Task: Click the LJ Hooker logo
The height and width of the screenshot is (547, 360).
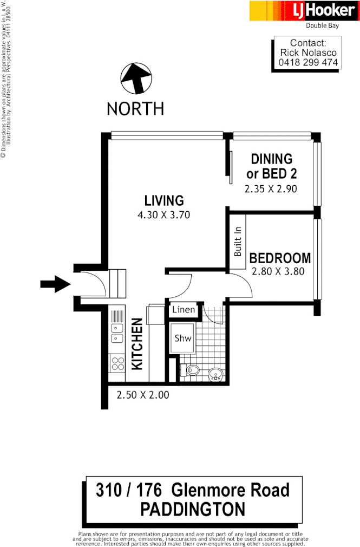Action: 304,11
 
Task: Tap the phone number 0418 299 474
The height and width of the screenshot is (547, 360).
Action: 307,63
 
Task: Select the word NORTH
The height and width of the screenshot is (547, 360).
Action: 135,108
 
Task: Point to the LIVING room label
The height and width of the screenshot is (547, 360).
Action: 163,200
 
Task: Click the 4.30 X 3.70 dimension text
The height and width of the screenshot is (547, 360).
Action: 163,214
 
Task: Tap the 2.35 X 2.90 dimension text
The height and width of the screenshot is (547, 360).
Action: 271,189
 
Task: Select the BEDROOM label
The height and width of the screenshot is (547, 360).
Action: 280,258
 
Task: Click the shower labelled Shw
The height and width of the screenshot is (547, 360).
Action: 182,338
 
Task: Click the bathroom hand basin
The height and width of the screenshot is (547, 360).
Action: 216,373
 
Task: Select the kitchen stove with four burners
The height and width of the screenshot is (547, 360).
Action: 117,362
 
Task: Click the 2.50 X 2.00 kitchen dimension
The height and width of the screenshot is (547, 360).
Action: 143,395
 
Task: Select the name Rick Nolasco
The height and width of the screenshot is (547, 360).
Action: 308,53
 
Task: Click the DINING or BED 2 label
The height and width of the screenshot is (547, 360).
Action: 271,166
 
